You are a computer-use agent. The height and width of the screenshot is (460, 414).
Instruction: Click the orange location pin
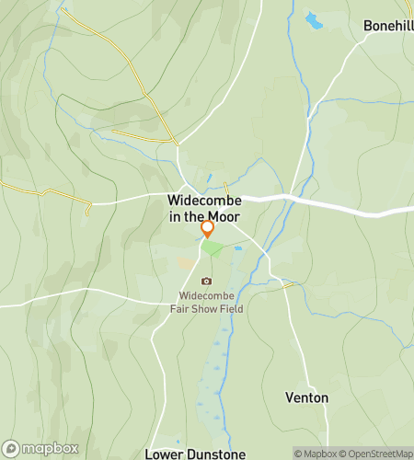tap(207, 227)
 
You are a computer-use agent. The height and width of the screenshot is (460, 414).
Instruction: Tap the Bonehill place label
tap(387, 26)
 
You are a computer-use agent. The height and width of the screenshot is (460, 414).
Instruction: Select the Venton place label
tap(307, 397)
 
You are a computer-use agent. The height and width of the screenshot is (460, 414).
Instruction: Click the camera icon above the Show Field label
tap(206, 282)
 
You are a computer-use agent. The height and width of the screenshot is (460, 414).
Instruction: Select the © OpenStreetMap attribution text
tap(377, 453)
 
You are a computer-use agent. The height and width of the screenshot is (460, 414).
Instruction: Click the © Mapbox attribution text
tap(316, 453)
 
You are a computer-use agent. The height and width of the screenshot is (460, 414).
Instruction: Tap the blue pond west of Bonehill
tap(315, 20)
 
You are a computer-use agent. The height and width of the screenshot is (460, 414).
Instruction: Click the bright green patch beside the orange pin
tap(212, 247)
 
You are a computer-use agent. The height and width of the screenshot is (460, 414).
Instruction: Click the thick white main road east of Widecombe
tap(340, 205)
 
